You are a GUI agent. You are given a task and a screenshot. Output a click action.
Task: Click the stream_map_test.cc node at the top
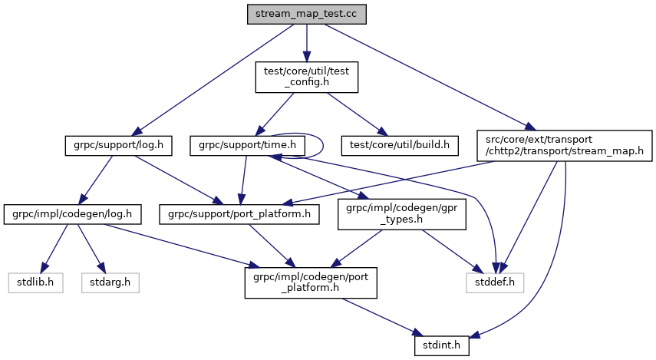[x=307, y=14]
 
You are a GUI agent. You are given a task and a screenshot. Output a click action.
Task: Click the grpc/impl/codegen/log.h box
[x=72, y=213]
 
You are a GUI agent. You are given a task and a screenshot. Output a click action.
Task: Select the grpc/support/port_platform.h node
[x=239, y=213]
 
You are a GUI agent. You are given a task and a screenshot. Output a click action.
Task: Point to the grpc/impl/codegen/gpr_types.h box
[x=402, y=213]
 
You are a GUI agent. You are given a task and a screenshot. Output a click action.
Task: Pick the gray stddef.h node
[x=495, y=282]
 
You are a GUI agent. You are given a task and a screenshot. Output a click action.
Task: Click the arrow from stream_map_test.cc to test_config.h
[x=307, y=42]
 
